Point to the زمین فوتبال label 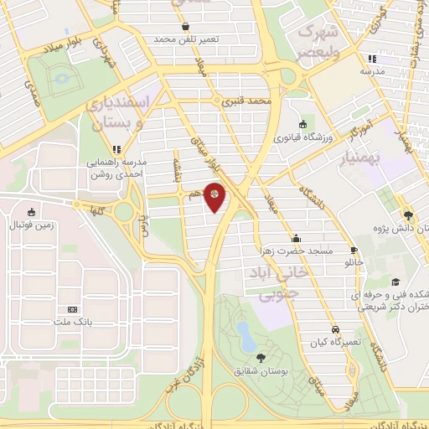[x=31, y=225]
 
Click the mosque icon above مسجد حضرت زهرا [x=295, y=237]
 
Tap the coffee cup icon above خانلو [x=354, y=250]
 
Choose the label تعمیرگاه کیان [x=334, y=343]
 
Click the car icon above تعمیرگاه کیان [x=335, y=329]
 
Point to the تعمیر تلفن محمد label [x=185, y=39]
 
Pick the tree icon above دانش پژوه [x=408, y=213]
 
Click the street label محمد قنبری [x=247, y=101]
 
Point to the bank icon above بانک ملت [x=71, y=308]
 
